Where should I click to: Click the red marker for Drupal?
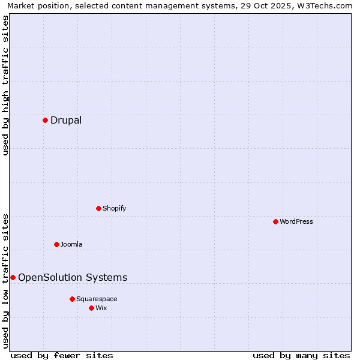click(45, 120)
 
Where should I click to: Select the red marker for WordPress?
click(275, 221)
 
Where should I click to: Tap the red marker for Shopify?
click(98, 208)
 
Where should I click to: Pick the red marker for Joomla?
click(56, 244)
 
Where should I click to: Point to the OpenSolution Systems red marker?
click(13, 277)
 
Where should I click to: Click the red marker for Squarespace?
click(72, 299)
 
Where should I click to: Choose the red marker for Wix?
click(91, 308)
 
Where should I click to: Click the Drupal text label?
click(66, 120)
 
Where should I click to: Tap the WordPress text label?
click(296, 221)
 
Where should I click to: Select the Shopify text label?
click(115, 208)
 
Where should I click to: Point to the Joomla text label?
click(71, 244)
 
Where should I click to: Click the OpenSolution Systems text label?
click(73, 277)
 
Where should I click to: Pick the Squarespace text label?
click(97, 299)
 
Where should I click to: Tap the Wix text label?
click(101, 308)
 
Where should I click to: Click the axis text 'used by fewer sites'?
click(62, 355)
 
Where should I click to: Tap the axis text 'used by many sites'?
click(301, 355)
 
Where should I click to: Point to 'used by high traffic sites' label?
click(5, 85)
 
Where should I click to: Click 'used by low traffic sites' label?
click(5, 281)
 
